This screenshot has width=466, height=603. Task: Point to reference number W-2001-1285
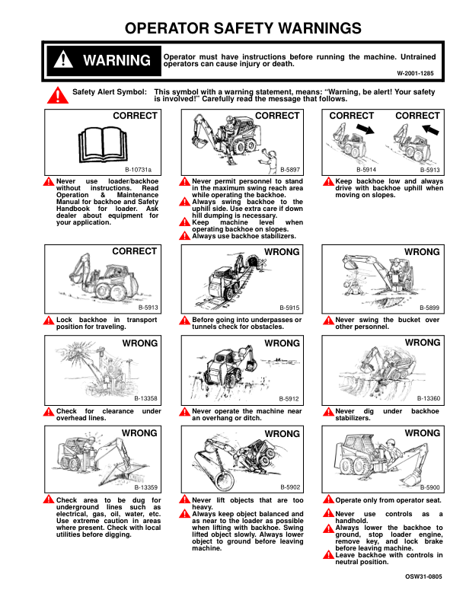[x=415, y=73]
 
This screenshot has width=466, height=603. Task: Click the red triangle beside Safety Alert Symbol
[x=56, y=95]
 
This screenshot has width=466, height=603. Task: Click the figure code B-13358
[x=145, y=398]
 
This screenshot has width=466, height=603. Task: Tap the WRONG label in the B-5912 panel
[x=282, y=343]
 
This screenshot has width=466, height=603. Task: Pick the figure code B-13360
[x=429, y=398]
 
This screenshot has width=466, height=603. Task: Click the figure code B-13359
[x=145, y=487]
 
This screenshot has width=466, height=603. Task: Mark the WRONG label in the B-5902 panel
[x=282, y=434]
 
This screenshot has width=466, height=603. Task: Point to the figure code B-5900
[x=429, y=487]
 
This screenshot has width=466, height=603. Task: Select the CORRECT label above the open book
[x=135, y=116]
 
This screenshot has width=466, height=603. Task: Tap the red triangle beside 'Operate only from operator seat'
[x=328, y=500]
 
